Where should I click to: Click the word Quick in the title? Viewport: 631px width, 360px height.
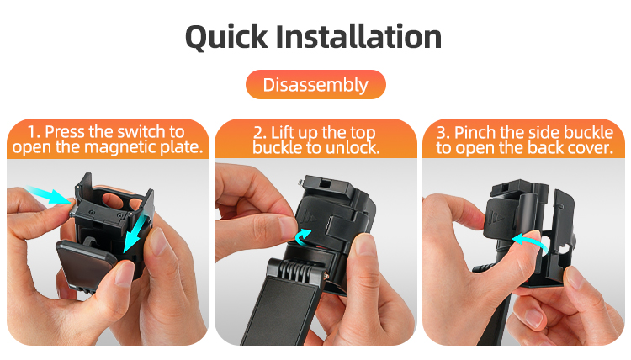(x=226, y=37)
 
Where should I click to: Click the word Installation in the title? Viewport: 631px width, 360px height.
(x=358, y=36)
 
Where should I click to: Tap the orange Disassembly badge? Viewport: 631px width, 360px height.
(x=315, y=84)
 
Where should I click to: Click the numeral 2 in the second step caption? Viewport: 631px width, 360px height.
(x=258, y=133)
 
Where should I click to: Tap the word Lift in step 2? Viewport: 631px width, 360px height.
(x=283, y=133)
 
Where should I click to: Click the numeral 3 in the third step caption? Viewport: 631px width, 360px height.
(x=442, y=133)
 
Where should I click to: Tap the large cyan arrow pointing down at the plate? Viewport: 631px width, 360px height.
(x=135, y=234)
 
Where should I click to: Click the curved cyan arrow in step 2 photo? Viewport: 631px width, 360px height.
(x=303, y=237)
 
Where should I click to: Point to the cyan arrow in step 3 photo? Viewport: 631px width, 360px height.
(x=529, y=242)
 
